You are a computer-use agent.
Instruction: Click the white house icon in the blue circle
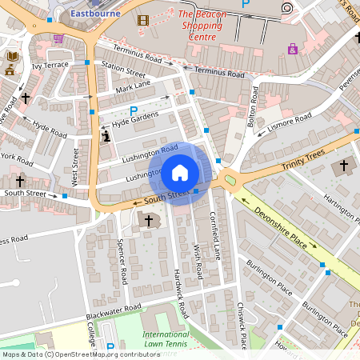coord(180,173)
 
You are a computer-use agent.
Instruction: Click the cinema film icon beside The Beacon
coord(143,20)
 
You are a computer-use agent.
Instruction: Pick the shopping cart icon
coord(58,38)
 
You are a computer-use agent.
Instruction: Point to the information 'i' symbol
coord(106,136)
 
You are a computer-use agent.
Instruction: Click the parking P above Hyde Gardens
coord(134,110)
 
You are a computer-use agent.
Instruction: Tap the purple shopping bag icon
coord(293,49)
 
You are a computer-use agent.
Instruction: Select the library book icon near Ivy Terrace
coord(12,56)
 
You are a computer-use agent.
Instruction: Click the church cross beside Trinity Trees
coord(345,166)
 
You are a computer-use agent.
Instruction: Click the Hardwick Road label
coord(182,294)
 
